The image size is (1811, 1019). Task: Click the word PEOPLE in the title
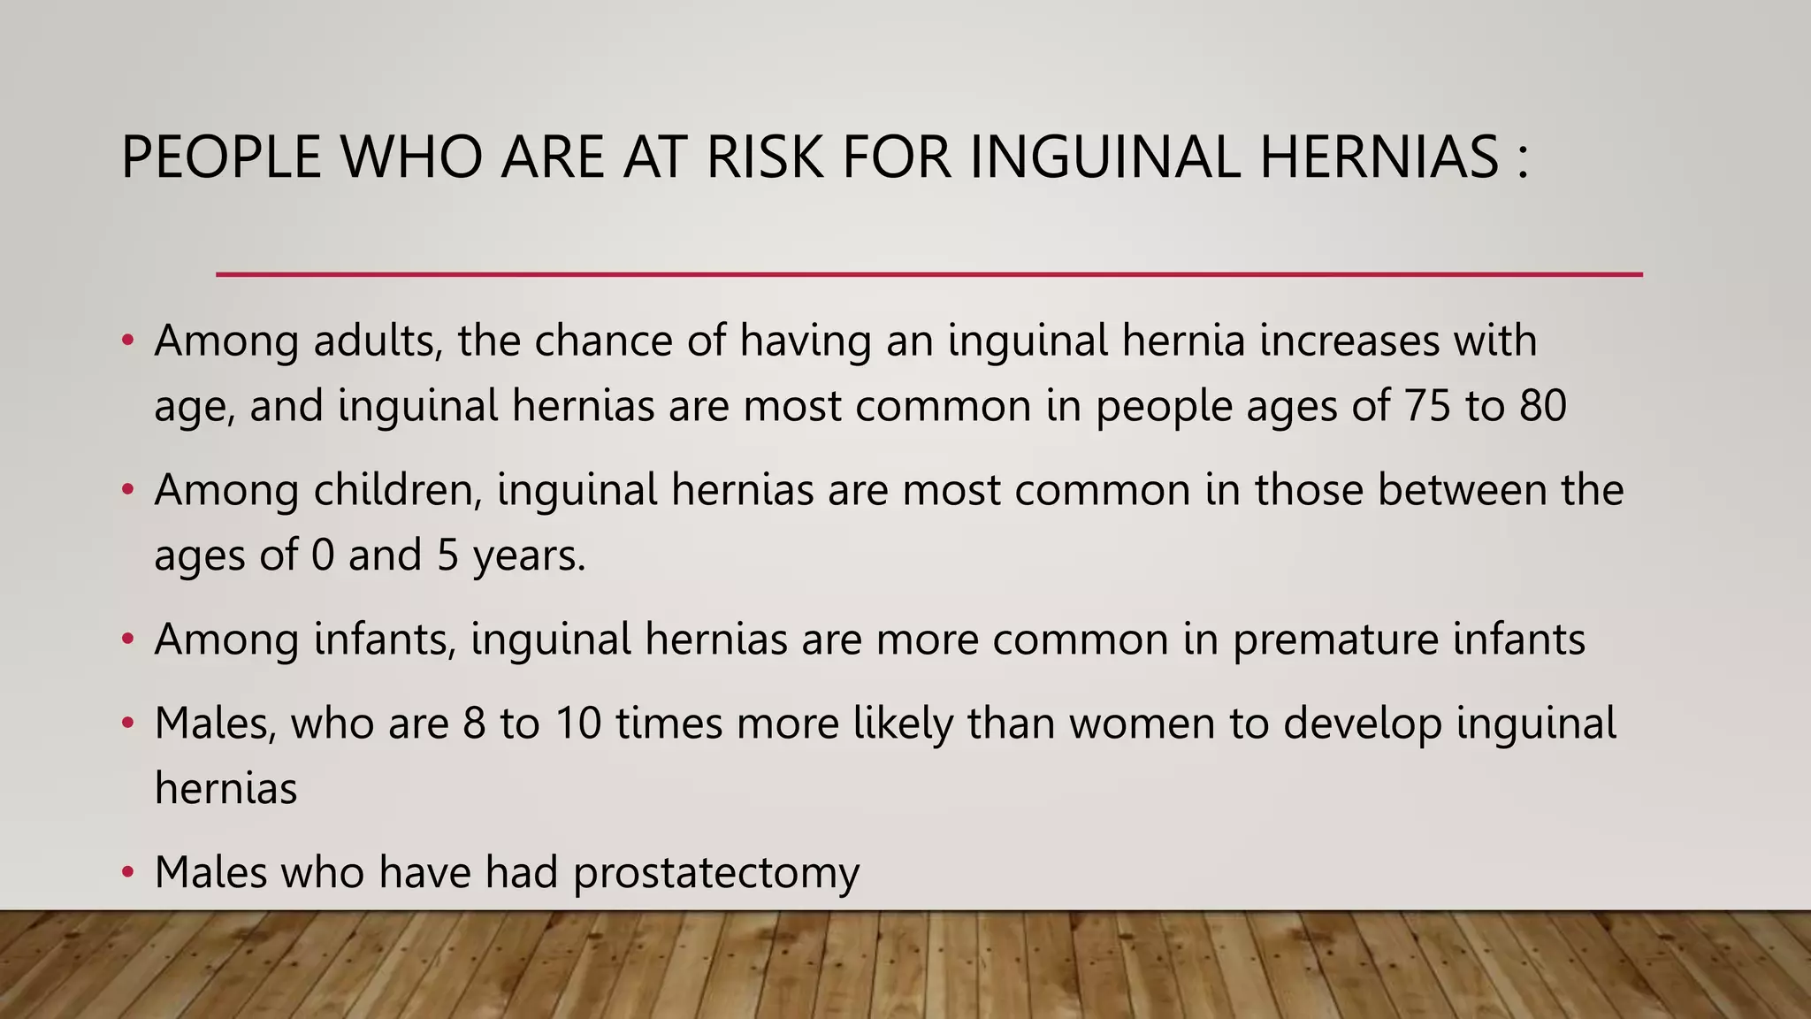(221, 157)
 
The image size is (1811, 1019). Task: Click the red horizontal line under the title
(928, 274)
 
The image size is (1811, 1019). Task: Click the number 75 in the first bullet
(1426, 406)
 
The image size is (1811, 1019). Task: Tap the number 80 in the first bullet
(1543, 406)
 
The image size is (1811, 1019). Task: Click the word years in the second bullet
(528, 556)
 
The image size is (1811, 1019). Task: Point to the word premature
(1335, 640)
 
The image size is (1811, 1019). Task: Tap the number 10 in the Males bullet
(579, 724)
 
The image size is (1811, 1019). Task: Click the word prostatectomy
(716, 874)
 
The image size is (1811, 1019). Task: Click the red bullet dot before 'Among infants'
(128, 639)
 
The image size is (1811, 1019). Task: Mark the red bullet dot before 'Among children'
(128, 489)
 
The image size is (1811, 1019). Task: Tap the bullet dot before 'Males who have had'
(128, 872)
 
